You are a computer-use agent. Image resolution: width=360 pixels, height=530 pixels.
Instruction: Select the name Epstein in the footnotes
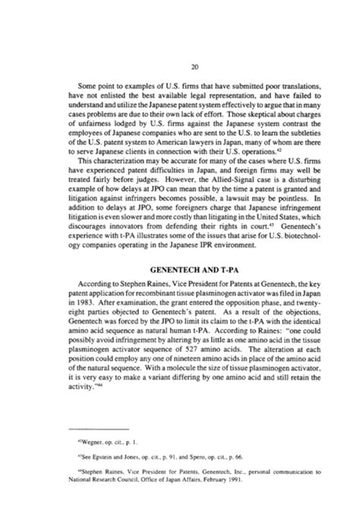click(96, 478)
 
